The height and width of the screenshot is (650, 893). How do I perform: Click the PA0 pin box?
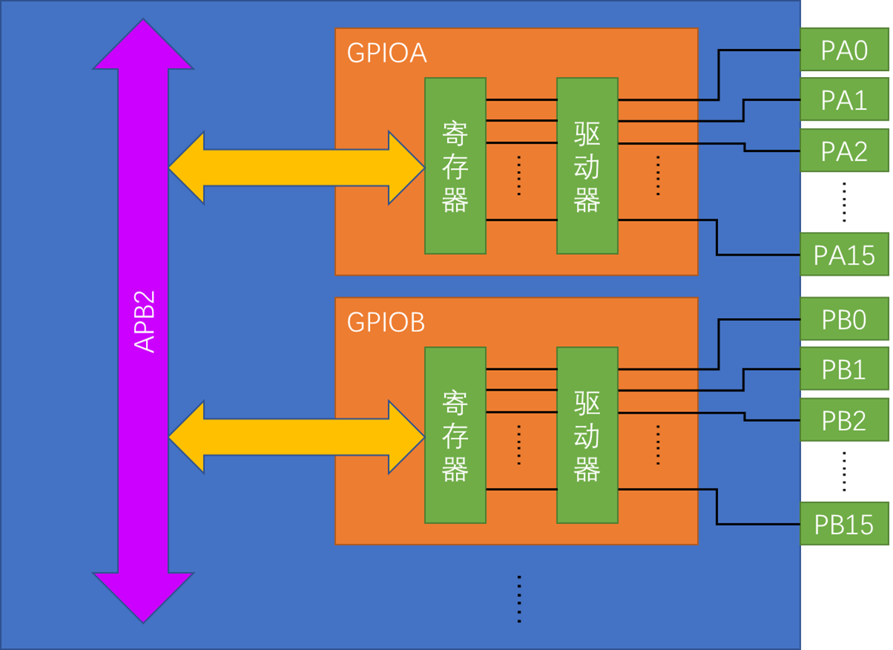pos(844,51)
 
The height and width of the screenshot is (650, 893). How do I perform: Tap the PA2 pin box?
pos(844,151)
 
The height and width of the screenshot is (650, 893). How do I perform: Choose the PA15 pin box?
pos(844,255)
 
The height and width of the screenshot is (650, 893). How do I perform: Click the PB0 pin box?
pos(844,320)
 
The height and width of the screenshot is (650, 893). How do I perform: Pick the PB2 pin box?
pos(844,420)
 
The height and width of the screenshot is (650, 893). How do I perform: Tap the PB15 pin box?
pos(844,524)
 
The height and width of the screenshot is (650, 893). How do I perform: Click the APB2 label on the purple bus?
pos(144,321)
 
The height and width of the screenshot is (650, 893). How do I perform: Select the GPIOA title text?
pos(386,53)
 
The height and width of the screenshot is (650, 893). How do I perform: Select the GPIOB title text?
pos(386,322)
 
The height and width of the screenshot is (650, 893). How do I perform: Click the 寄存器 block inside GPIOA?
pos(455,166)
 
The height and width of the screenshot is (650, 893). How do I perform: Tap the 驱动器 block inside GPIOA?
pos(587,166)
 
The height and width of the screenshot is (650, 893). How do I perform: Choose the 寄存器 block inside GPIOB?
pos(455,435)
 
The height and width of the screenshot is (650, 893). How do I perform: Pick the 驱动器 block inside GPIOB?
pos(587,435)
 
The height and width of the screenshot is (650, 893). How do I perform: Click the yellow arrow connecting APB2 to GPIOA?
pos(296,168)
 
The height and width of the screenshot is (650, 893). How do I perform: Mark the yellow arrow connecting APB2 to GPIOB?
pos(296,437)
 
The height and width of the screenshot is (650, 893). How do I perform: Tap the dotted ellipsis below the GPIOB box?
pos(519,599)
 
